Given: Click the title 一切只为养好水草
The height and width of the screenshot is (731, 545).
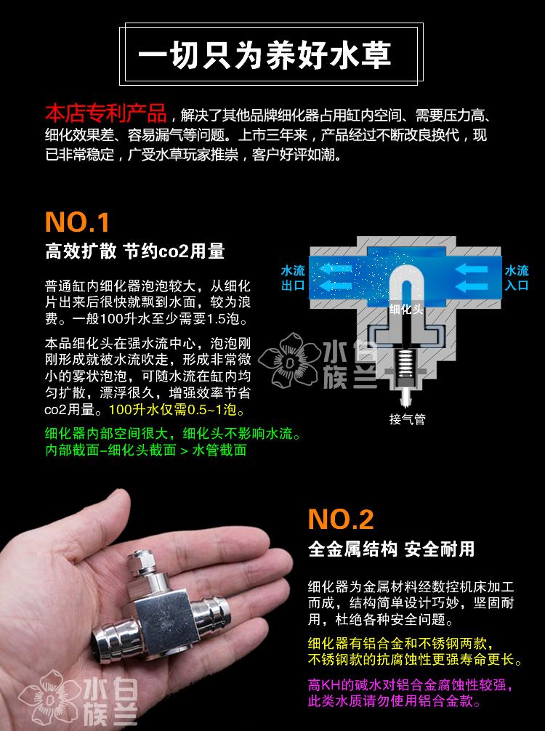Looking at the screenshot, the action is (265, 55).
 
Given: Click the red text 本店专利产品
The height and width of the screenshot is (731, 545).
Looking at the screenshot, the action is (106, 113).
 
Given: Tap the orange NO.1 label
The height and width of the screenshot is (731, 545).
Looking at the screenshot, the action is (78, 222).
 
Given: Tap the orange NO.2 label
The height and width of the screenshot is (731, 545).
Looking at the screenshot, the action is (341, 520).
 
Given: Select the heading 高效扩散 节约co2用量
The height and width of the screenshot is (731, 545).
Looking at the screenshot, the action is (135, 251).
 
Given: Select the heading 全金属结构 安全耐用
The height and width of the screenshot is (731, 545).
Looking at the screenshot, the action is (391, 549).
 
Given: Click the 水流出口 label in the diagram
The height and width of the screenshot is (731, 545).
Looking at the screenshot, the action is (293, 278).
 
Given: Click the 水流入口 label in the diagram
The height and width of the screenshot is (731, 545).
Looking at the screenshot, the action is (517, 278).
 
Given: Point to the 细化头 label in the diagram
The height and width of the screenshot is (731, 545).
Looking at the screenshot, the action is (406, 309).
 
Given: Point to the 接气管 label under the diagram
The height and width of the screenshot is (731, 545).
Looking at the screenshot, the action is (408, 419).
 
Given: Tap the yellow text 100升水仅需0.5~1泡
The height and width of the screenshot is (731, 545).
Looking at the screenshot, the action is (177, 410).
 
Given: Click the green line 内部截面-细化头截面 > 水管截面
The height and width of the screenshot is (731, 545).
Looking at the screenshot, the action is (146, 450).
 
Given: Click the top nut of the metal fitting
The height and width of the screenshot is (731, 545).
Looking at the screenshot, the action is (141, 560).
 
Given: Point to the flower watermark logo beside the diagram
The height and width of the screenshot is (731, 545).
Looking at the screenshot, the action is (288, 360).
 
